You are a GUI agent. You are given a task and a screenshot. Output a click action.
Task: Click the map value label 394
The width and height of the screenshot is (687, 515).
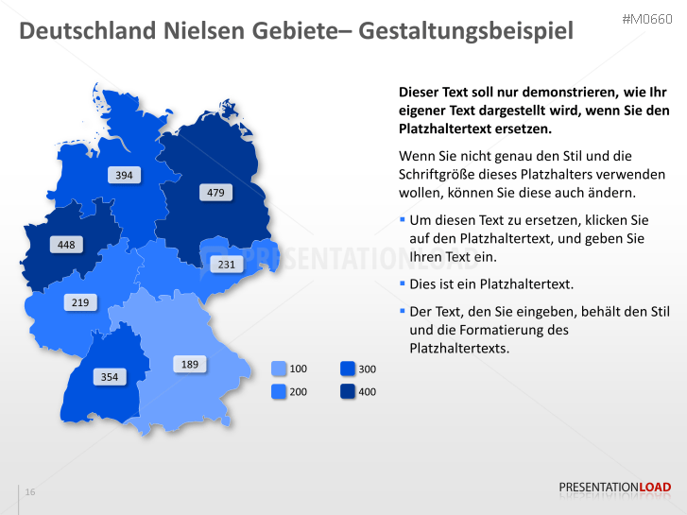point(124,175)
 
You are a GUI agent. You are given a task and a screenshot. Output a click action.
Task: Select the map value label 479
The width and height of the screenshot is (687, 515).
point(215,193)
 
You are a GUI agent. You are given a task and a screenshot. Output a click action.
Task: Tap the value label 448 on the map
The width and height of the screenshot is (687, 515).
point(66,245)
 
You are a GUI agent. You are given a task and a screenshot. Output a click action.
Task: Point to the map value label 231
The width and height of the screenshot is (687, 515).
point(227,265)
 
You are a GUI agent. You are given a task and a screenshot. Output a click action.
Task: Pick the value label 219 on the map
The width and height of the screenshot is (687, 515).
point(80,302)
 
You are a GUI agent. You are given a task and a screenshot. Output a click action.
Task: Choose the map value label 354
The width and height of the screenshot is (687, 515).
point(110,377)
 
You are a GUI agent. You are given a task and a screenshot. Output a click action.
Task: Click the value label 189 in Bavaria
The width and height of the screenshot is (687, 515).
point(190,364)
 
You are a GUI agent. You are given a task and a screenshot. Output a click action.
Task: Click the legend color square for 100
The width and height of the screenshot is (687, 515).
point(279,369)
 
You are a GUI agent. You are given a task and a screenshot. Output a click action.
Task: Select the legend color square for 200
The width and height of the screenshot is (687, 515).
point(279,390)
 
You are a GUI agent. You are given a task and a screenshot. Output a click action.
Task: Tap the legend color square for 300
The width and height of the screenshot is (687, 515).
point(348,369)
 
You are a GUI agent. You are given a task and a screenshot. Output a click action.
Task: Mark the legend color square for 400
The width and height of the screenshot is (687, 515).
point(348,390)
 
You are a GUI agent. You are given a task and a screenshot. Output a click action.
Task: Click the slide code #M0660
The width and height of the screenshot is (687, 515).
point(646,19)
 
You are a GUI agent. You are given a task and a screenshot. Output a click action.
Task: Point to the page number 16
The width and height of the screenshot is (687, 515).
point(30,492)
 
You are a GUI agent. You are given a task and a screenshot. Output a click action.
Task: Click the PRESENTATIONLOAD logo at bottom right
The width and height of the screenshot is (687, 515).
point(614,488)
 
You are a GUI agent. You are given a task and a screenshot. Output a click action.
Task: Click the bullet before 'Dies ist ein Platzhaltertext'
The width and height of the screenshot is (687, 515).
point(402,283)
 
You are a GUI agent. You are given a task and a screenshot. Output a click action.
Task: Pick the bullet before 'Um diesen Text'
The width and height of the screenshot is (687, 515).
point(402,219)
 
